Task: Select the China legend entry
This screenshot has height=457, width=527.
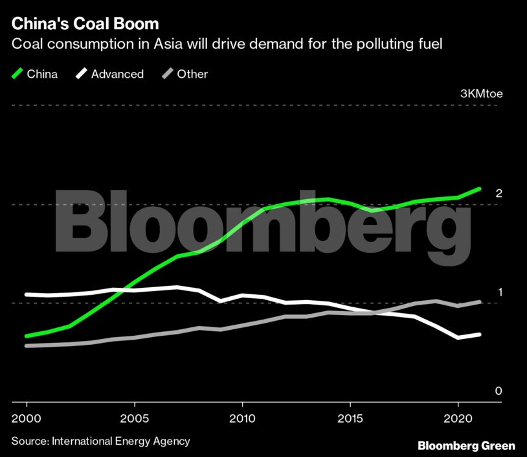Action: pyautogui.click(x=42, y=74)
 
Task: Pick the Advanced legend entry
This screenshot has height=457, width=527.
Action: pyautogui.click(x=117, y=74)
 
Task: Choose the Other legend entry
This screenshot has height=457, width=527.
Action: pyautogui.click(x=192, y=74)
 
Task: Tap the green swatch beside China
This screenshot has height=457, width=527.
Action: pyautogui.click(x=17, y=74)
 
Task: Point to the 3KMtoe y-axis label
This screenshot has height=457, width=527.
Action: pyautogui.click(x=481, y=93)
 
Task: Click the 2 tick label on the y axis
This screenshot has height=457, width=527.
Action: pyautogui.click(x=499, y=193)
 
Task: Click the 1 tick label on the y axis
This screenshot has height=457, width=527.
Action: pyautogui.click(x=499, y=292)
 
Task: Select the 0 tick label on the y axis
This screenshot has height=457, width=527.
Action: pyautogui.click(x=499, y=391)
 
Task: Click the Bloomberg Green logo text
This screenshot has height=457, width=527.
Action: pyautogui.click(x=466, y=445)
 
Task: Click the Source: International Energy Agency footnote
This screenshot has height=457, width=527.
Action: pyautogui.click(x=101, y=441)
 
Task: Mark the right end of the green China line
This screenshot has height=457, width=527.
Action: pyautogui.click(x=479, y=189)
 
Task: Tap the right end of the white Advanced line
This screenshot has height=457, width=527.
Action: pyautogui.click(x=479, y=334)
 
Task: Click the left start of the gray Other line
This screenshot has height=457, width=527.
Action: pyautogui.click(x=27, y=346)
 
